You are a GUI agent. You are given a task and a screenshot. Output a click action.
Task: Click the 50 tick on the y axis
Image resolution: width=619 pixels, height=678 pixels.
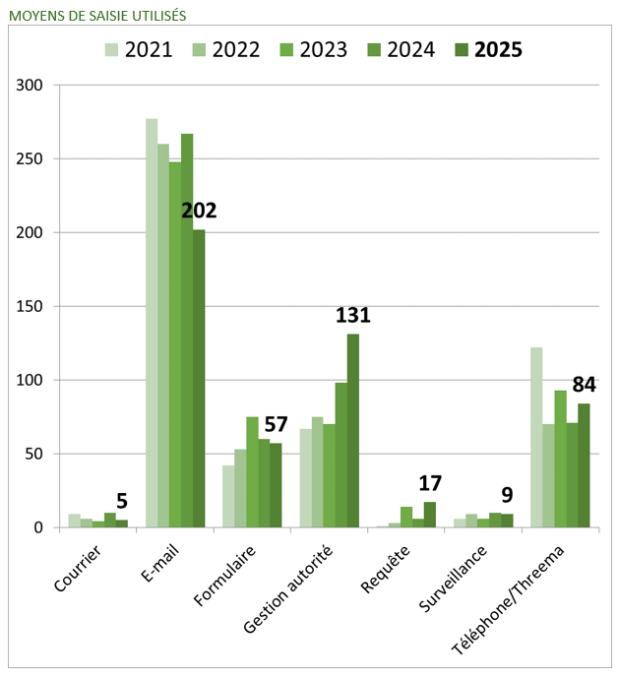(34, 454)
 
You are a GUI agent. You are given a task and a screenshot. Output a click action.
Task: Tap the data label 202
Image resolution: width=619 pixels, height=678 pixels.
(199, 211)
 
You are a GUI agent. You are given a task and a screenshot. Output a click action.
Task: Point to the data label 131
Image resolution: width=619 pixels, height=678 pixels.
(352, 316)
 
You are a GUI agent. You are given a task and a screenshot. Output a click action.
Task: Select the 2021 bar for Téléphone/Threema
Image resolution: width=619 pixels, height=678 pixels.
(536, 438)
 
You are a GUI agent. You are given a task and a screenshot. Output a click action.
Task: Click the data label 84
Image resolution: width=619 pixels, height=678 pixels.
(585, 385)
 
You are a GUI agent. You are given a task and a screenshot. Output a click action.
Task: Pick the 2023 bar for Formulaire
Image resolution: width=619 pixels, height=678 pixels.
(252, 472)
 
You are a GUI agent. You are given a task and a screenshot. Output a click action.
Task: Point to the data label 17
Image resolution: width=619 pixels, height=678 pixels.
(429, 483)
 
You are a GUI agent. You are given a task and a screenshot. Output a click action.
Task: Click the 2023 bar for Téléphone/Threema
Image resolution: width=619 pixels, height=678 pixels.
(560, 459)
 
